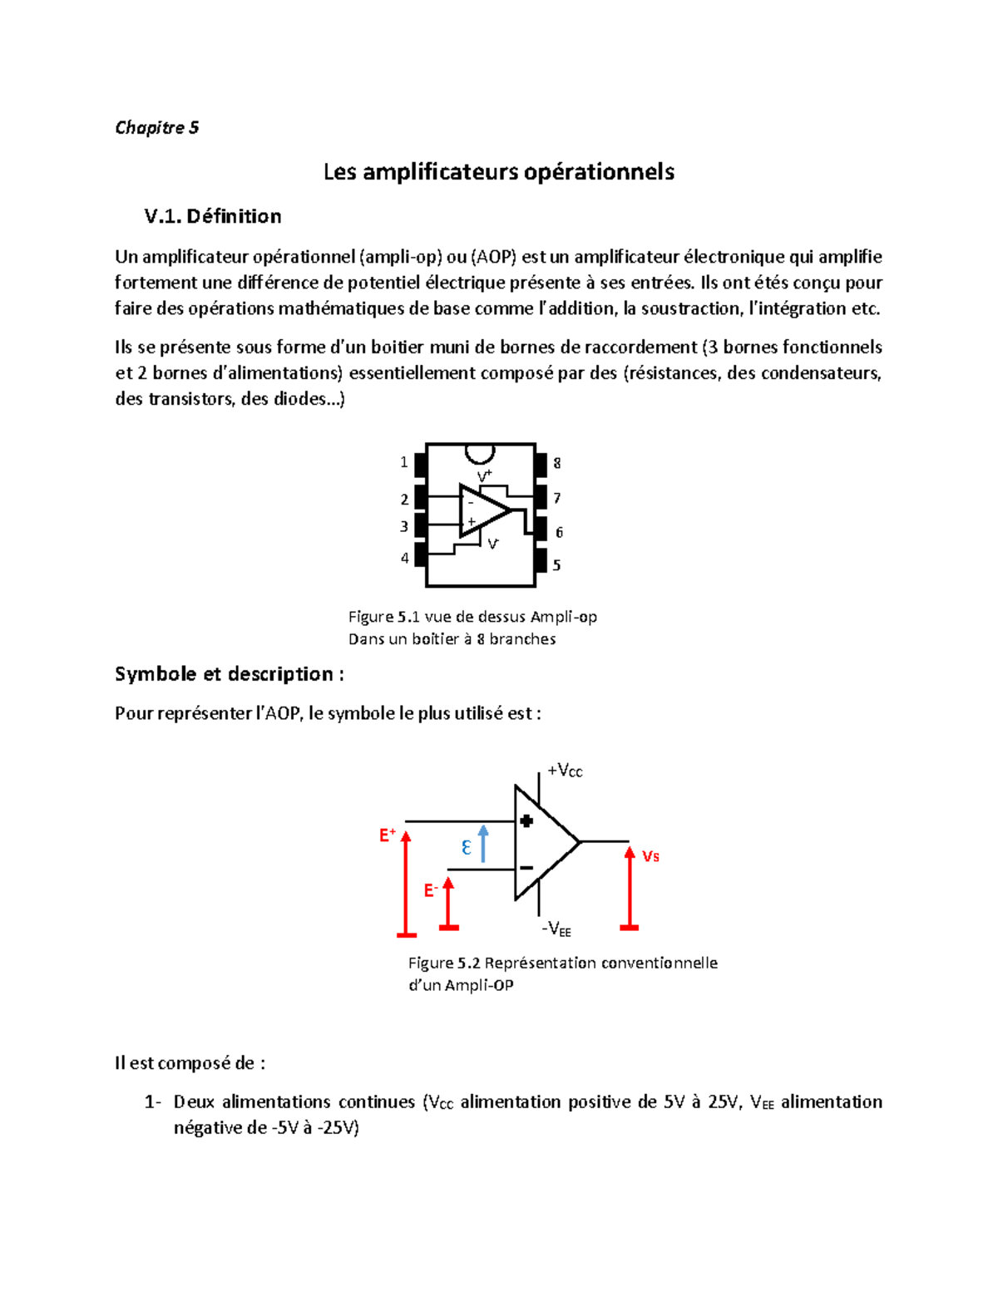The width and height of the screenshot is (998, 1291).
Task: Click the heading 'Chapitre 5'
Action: coord(156,127)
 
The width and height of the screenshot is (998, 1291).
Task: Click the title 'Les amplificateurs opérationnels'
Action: coord(498,172)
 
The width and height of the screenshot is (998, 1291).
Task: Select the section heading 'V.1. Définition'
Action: coord(212,216)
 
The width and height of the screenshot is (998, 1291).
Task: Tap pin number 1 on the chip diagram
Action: coord(404,462)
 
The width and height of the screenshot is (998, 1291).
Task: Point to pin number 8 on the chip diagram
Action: coord(557,463)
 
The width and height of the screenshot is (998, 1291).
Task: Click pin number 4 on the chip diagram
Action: coord(405,558)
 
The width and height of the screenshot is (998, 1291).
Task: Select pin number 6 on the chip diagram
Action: coord(559,532)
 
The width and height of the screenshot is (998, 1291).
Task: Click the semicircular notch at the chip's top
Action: coord(480,453)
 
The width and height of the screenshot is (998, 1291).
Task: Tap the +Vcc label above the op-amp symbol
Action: coord(565,771)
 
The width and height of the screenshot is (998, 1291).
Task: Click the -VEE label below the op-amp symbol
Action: coord(556,929)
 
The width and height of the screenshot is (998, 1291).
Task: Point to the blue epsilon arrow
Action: coord(483,844)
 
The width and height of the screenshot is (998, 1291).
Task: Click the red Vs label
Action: coord(650,856)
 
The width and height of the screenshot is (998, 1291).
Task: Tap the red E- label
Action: coord(431,890)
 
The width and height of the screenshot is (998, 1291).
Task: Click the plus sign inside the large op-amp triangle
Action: coord(526,821)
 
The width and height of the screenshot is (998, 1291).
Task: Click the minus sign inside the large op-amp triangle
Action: coord(526,868)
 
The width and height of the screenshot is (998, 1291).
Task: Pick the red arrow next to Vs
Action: coord(630,885)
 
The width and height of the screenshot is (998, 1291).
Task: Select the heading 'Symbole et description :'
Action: coord(229,673)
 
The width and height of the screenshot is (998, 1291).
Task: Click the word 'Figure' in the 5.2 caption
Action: coord(430,963)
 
